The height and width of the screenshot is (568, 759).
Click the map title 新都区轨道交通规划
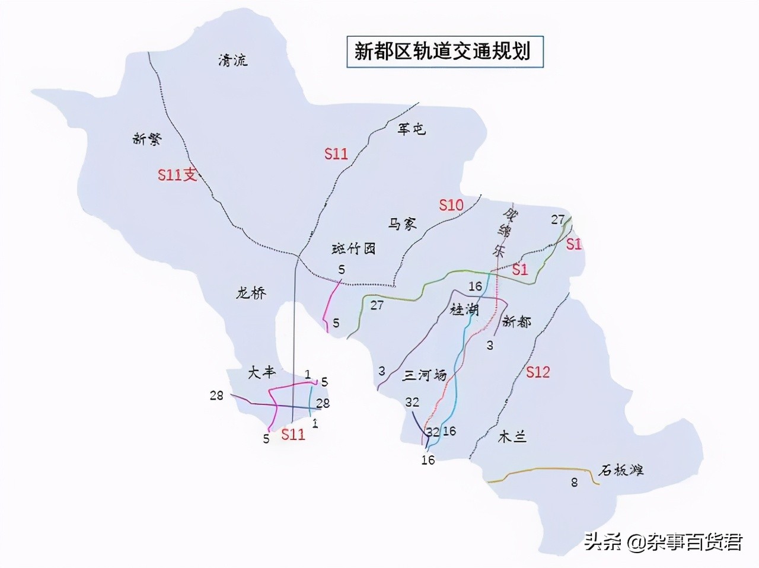[x=442, y=51]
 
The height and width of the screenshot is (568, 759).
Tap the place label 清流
[x=233, y=59]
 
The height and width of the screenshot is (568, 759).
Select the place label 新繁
[x=148, y=139]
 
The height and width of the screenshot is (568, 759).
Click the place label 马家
[x=403, y=224]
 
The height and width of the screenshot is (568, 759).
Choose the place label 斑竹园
[x=353, y=248]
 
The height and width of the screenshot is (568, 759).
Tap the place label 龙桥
[x=251, y=292]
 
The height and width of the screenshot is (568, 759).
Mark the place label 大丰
[x=262, y=372]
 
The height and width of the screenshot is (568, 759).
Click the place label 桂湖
[x=464, y=309]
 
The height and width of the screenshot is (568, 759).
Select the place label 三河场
[x=425, y=375]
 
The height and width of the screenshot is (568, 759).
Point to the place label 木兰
[x=512, y=438]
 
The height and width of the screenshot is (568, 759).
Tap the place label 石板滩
[x=621, y=471]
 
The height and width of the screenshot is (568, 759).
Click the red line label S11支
[x=177, y=174]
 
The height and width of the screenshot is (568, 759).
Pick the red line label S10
[x=451, y=205]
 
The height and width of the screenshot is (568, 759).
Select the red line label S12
[x=538, y=372]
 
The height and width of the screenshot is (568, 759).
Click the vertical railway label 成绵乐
[x=502, y=232]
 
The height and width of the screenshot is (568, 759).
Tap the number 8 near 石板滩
[x=574, y=483]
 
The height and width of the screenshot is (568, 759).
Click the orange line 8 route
[x=546, y=470]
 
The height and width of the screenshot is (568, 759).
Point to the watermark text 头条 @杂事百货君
[x=663, y=542]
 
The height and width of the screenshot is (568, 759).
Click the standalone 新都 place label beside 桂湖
[x=516, y=321]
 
